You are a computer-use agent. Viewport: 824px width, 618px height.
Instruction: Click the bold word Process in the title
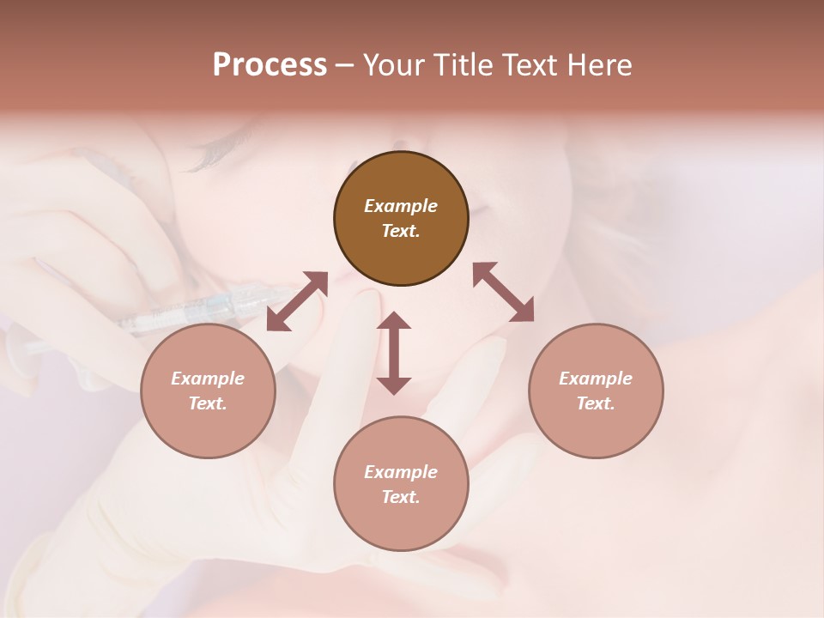pos(270,65)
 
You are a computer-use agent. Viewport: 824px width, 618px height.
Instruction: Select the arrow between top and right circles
pos(504,293)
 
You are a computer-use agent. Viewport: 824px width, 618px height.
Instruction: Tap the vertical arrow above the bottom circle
pos(394,354)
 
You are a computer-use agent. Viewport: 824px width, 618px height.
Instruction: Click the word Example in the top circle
pos(401,206)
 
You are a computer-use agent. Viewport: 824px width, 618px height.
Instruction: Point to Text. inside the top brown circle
pos(401,231)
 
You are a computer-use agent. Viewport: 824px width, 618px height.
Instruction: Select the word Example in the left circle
pos(208,379)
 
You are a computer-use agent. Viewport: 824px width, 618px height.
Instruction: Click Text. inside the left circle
pos(208,403)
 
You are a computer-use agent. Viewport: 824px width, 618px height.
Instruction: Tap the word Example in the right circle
pos(596,379)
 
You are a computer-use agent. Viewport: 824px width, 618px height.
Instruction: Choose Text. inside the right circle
pos(596,403)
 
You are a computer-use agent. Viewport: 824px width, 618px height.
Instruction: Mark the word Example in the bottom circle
pos(401,472)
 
